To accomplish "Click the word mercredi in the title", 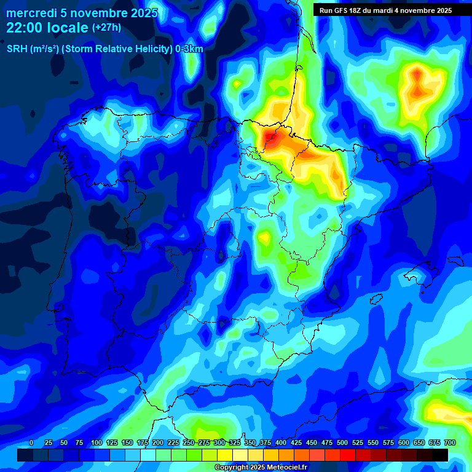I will [x=29, y=13].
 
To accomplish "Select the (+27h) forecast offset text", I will [x=106, y=28].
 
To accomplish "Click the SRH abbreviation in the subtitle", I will [x=17, y=49].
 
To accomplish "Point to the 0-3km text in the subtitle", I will [x=189, y=49].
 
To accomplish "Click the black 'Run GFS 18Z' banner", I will [x=385, y=10].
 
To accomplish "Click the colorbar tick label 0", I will [x=31, y=442].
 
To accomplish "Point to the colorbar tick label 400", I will [x=281, y=442].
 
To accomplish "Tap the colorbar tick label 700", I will [x=449, y=442].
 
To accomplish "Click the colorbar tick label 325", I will [x=235, y=442].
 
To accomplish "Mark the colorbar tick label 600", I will [x=404, y=442].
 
